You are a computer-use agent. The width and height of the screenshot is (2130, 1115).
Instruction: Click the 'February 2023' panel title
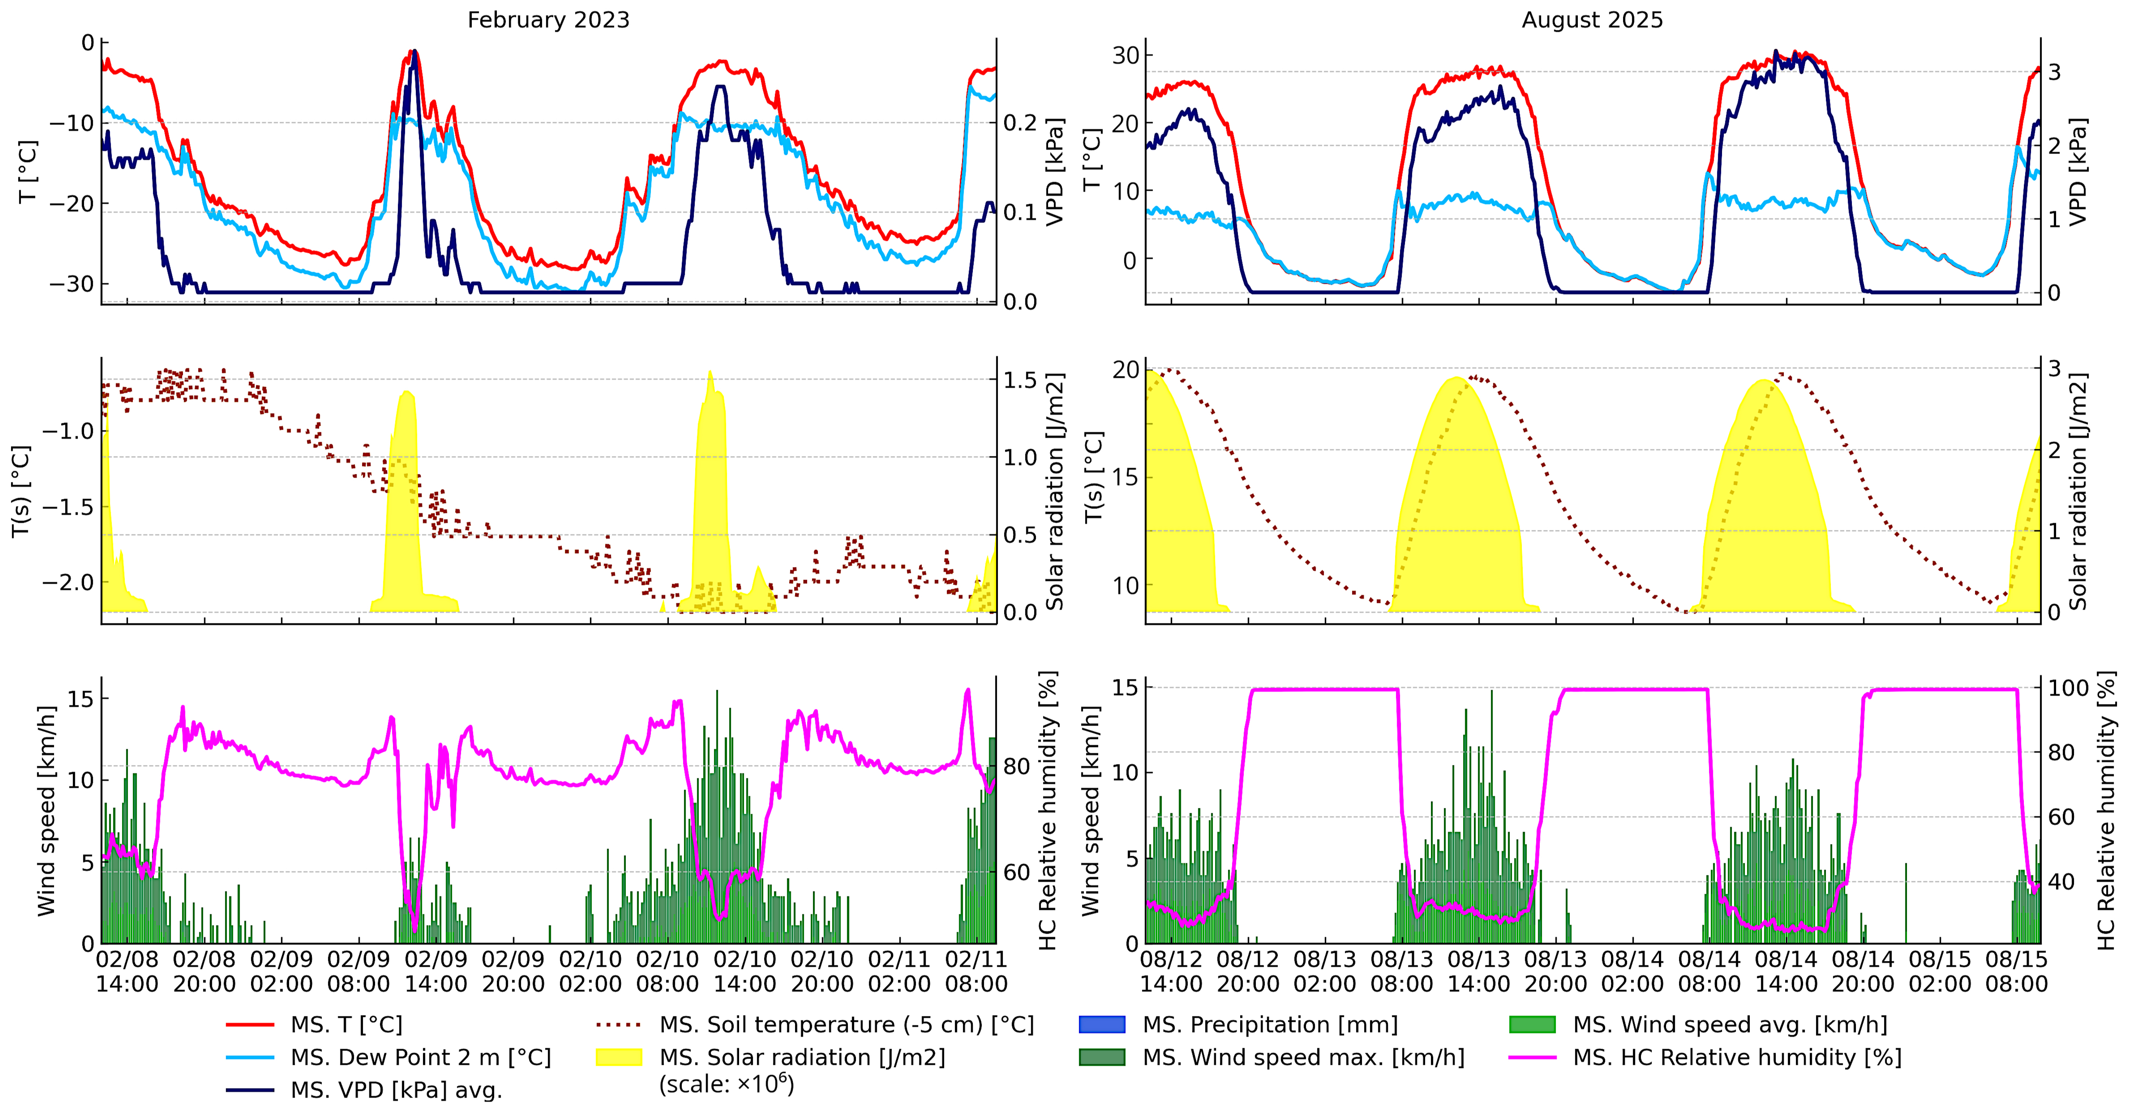click(548, 20)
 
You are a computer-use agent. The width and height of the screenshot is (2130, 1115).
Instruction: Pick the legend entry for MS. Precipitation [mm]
click(1269, 1025)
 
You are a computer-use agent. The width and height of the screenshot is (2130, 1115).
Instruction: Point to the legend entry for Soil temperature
click(846, 1025)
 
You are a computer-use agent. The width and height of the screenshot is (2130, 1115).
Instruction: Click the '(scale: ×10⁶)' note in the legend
click(726, 1084)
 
